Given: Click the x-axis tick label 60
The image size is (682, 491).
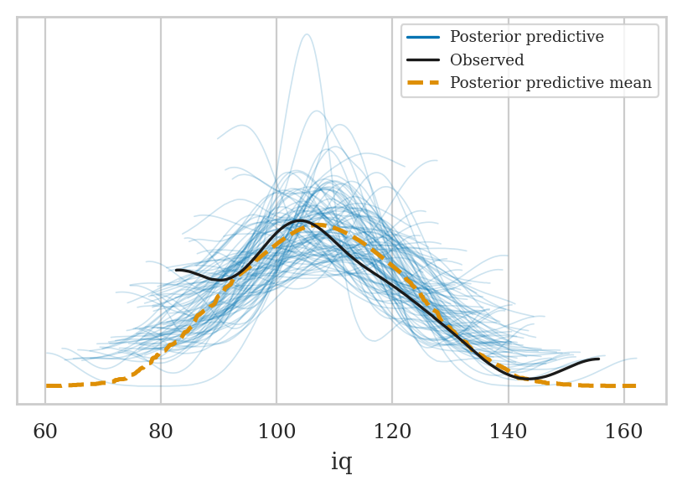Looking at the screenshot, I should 45,432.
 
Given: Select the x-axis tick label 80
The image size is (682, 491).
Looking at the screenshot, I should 161,432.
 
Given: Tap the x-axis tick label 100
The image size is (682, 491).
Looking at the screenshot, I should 276,432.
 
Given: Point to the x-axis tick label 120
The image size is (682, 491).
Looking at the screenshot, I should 392,432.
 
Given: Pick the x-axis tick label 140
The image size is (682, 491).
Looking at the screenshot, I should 508,432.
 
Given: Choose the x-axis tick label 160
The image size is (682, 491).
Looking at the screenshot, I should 623,432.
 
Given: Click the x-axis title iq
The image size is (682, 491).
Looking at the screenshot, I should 341,463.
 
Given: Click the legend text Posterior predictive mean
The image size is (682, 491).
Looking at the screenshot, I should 550,83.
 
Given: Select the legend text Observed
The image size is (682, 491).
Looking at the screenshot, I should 487,60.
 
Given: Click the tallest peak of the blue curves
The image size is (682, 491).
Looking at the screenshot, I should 307,34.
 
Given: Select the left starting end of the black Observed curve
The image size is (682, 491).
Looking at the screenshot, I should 177,270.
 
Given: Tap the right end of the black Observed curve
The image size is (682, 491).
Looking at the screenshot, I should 598,359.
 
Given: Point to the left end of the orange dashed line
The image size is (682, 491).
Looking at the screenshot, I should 47,385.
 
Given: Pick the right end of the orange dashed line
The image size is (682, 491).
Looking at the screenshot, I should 635,385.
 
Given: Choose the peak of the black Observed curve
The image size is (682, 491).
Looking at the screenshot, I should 299,220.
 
